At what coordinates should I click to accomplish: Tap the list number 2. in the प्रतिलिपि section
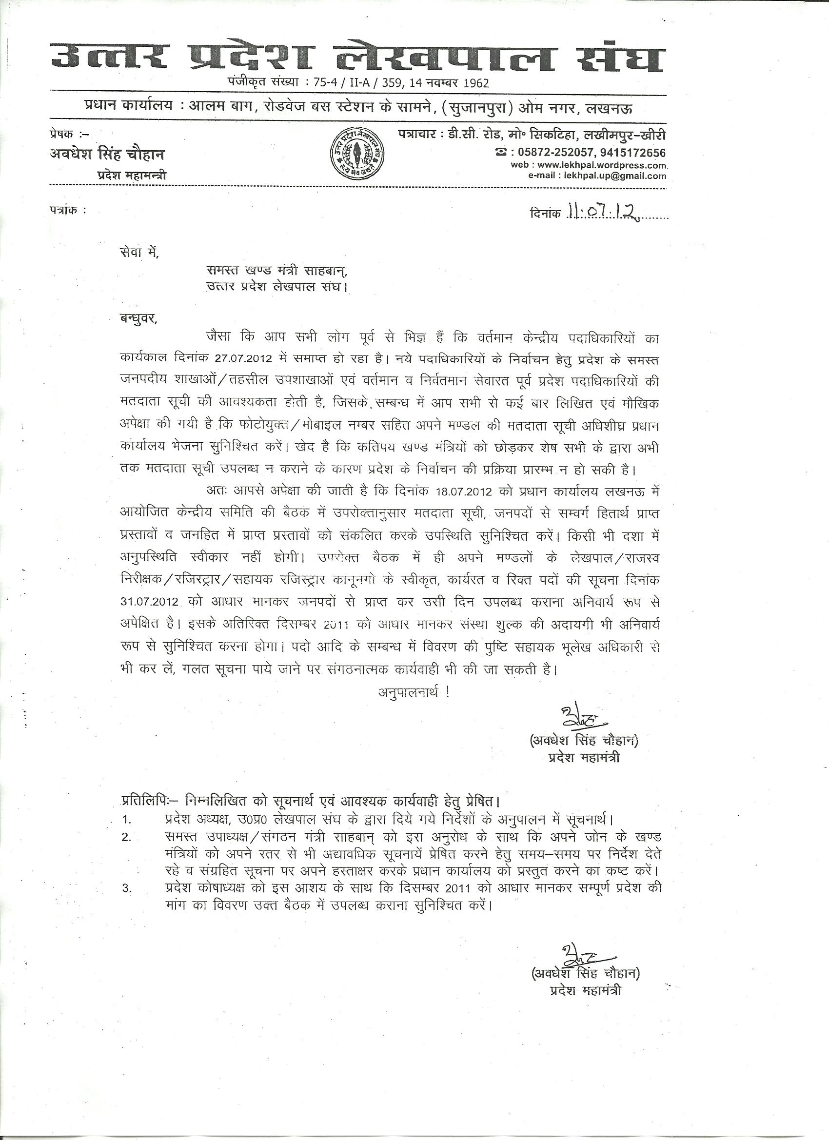click(126, 837)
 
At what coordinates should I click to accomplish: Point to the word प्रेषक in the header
click(62, 134)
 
